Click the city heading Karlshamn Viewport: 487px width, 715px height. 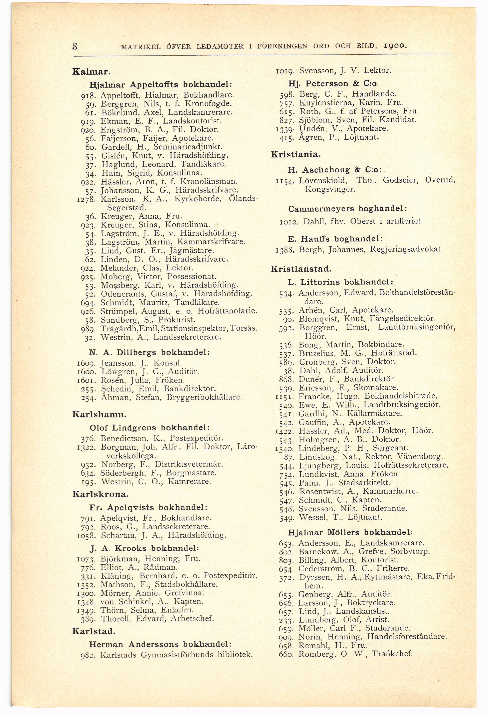(99, 414)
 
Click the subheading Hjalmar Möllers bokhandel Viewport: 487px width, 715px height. (350, 532)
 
